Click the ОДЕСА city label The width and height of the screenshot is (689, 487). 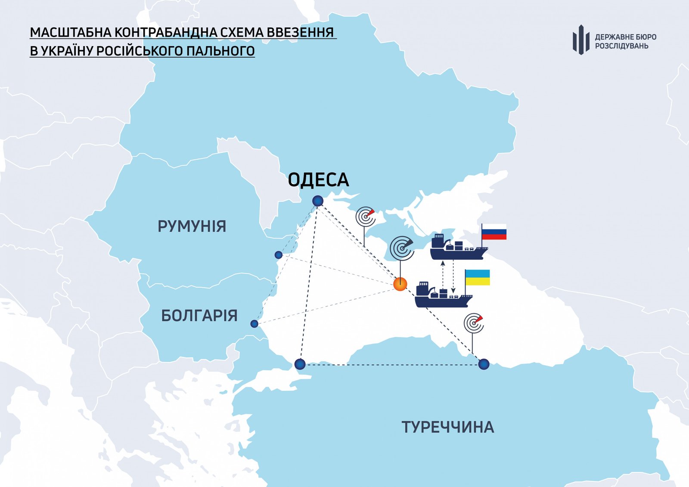pyautogui.click(x=318, y=180)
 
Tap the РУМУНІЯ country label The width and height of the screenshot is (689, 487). pyautogui.click(x=192, y=226)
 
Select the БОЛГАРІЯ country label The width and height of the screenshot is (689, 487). pyautogui.click(x=199, y=316)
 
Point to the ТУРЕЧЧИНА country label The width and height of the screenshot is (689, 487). pyautogui.click(x=448, y=427)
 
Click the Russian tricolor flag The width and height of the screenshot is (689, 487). pyautogui.click(x=494, y=232)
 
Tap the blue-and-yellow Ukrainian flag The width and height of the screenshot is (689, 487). pyautogui.click(x=478, y=278)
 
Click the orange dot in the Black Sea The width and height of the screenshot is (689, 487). pyautogui.click(x=400, y=284)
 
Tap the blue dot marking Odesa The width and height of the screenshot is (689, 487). pyautogui.click(x=318, y=201)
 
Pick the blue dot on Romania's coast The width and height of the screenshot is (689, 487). pyautogui.click(x=279, y=255)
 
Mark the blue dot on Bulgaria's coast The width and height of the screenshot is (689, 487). pyautogui.click(x=254, y=324)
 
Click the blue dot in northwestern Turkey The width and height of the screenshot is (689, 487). pyautogui.click(x=300, y=364)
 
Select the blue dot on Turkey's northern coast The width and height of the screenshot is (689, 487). pyautogui.click(x=484, y=364)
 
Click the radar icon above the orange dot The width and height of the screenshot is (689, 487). pyautogui.click(x=401, y=248)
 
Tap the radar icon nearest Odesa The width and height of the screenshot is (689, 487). pyautogui.click(x=366, y=217)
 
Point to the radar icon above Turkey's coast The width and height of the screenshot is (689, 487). pyautogui.click(x=474, y=323)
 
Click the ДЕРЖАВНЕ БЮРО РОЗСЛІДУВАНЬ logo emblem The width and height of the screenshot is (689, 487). pyautogui.click(x=581, y=40)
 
